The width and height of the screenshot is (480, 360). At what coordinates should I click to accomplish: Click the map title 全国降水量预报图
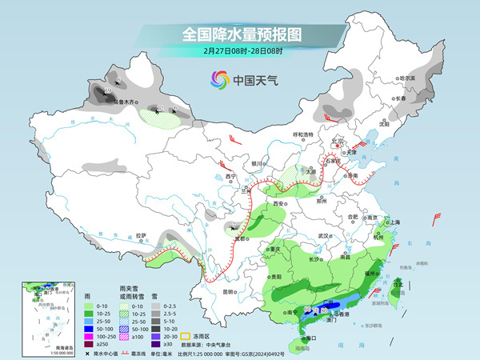239,34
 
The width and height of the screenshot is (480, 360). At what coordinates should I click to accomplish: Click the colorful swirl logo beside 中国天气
219,80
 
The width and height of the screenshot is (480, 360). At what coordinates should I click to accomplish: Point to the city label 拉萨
141,235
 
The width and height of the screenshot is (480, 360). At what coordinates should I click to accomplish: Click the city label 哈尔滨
408,78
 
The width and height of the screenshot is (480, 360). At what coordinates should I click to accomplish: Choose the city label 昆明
230,291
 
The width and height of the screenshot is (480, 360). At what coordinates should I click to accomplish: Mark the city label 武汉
323,236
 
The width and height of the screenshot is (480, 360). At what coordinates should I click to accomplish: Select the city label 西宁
231,176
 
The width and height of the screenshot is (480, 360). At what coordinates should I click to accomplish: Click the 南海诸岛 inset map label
32,348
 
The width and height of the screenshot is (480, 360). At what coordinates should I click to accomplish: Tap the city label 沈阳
384,124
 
